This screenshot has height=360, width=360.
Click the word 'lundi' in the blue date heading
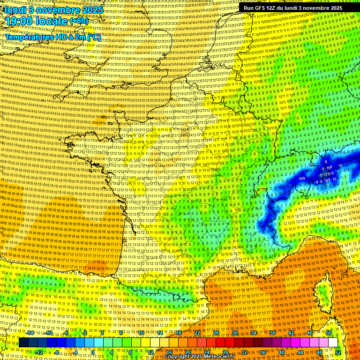(x=14, y=9)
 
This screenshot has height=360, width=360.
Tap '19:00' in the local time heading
(x=19, y=22)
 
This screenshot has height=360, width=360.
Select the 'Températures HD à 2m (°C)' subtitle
(x=53, y=37)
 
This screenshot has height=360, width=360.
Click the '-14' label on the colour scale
(x=30, y=333)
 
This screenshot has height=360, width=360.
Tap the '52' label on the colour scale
(x=338, y=352)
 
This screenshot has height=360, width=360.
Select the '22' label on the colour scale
(x=197, y=333)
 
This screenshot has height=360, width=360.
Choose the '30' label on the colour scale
(x=235, y=333)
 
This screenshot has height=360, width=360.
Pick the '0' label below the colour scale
(x=93, y=352)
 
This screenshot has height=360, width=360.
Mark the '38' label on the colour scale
(x=272, y=333)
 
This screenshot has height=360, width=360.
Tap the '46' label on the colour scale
(x=310, y=333)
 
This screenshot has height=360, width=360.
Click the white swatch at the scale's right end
(x=333, y=343)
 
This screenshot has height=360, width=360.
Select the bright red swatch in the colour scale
(x=221, y=343)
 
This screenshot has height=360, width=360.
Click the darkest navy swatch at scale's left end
(x=23, y=343)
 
